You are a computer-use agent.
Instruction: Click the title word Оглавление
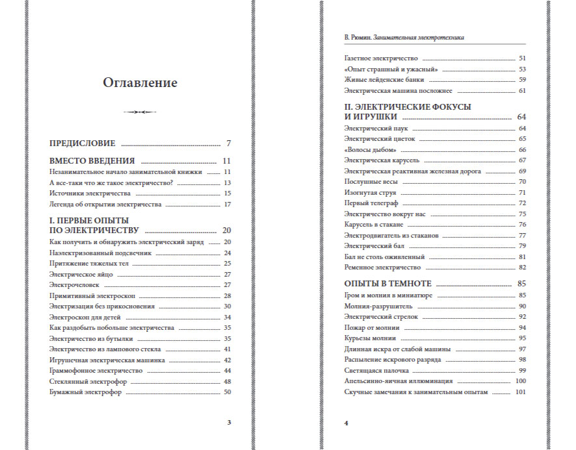(140, 83)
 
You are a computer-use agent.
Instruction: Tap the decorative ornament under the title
(140, 112)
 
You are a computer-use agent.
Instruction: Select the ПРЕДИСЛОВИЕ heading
(83, 144)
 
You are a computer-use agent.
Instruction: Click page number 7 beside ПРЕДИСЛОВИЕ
(229, 144)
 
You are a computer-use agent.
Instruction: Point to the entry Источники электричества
(90, 194)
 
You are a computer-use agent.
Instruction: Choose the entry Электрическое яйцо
(81, 274)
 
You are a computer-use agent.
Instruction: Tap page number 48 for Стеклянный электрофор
(228, 381)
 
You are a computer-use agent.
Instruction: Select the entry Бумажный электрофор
(85, 392)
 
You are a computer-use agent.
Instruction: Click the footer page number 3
(229, 423)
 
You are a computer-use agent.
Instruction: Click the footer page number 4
(347, 423)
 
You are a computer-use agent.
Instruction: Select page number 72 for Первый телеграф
(522, 203)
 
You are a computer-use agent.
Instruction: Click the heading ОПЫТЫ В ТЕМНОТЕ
(388, 284)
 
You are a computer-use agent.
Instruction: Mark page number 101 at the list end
(520, 392)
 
